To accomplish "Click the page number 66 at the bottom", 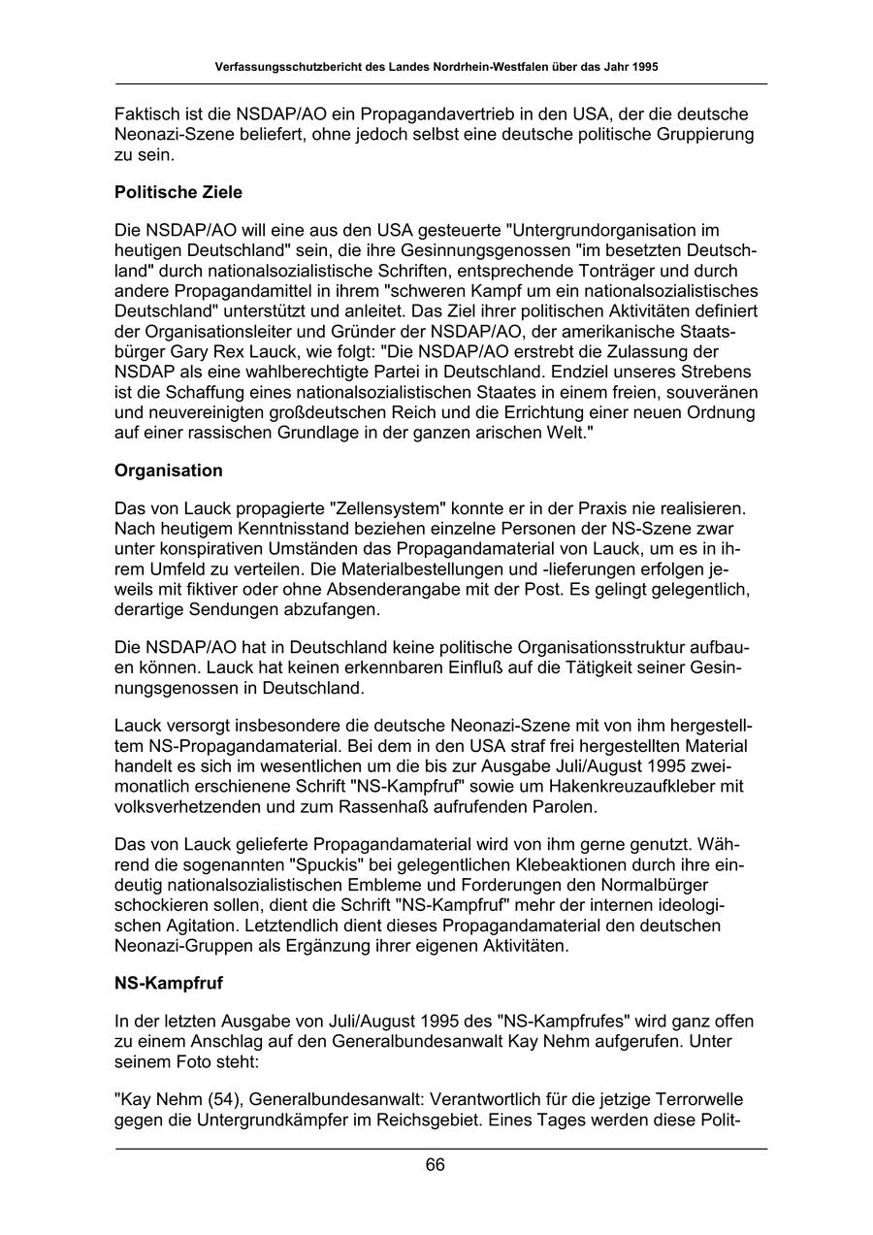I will click(435, 1165).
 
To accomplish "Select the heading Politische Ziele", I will click(178, 192).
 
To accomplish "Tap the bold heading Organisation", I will click(169, 471).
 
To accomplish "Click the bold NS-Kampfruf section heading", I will click(169, 983).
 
